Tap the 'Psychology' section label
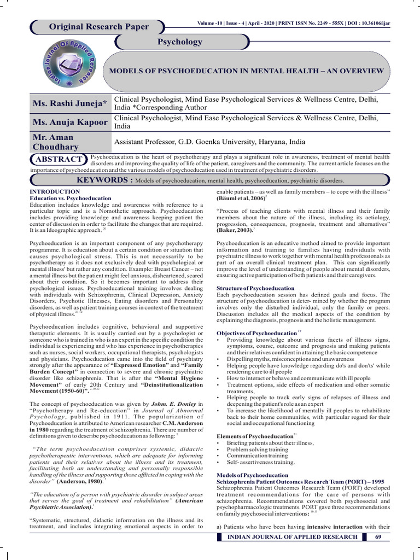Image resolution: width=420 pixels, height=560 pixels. [179, 42]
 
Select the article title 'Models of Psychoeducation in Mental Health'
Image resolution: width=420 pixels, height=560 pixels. [247, 71]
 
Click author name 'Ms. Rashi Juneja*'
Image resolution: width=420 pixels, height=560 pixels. [70, 103]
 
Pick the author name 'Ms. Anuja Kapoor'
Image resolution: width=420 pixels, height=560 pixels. [70, 121]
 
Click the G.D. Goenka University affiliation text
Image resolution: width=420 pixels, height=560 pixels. [210, 142]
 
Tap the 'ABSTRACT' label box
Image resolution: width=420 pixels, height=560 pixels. [59, 159]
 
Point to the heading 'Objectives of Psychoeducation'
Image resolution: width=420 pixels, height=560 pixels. [256, 333]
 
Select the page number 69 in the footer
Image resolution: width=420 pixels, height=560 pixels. [378, 537]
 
